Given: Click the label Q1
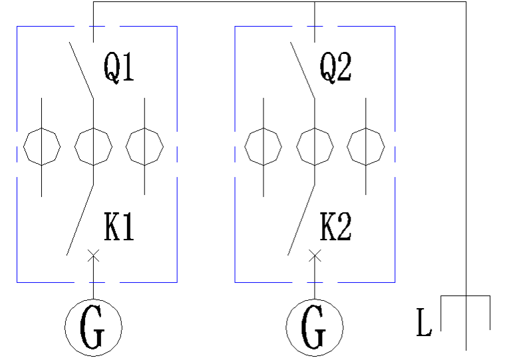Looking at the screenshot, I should [119, 68].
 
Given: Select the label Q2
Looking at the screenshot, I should [335, 68].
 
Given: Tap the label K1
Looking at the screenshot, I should [119, 228].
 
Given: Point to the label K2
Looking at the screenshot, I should [335, 228].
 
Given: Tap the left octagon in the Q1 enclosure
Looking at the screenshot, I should [42, 146].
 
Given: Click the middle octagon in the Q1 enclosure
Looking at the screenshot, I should [93, 146].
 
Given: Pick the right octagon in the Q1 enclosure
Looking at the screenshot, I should [144, 146].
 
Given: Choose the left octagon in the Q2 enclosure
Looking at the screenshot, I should [263, 146].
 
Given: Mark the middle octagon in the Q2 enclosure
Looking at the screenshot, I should [315, 146].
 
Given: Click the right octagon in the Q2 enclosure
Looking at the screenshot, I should [366, 146].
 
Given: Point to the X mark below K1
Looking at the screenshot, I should [93, 254].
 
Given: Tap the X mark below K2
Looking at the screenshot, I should [315, 254].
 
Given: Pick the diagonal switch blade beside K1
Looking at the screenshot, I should [80, 220].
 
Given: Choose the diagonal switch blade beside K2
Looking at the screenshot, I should [301, 220].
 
